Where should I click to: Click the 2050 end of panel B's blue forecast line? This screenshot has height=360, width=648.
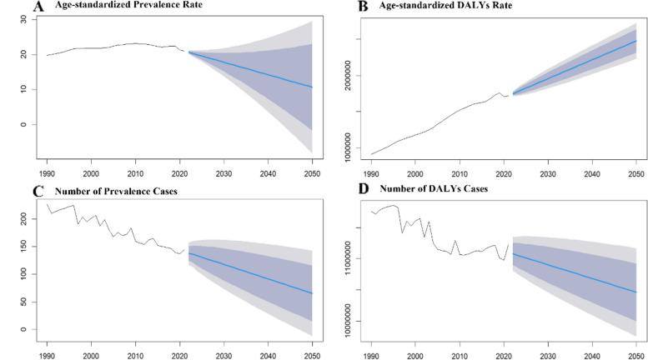pyautogui.click(x=636, y=40)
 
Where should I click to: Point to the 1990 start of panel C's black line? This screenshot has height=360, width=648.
pyautogui.click(x=47, y=204)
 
